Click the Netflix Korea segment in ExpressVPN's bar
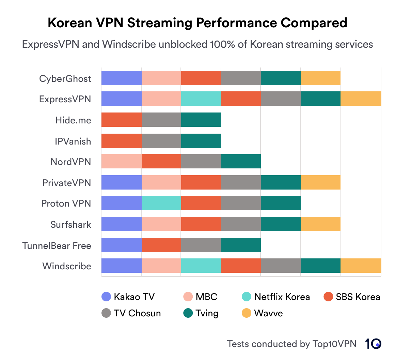click(x=201, y=99)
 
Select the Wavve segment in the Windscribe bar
click(x=361, y=266)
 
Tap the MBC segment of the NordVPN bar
click(x=121, y=161)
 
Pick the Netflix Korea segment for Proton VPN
click(x=161, y=203)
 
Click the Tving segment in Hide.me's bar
click(x=201, y=120)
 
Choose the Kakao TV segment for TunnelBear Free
click(x=121, y=245)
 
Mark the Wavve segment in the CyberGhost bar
click(x=320, y=78)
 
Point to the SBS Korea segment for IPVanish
click(x=121, y=141)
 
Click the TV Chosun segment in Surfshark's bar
click(x=241, y=224)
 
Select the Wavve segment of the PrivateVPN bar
click(x=320, y=182)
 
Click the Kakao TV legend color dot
click(x=107, y=297)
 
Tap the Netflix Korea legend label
click(x=282, y=297)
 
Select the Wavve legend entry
click(x=262, y=313)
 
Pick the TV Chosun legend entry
click(x=131, y=313)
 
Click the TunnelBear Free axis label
click(x=57, y=245)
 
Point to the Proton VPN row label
click(x=66, y=204)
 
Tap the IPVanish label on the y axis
click(x=73, y=141)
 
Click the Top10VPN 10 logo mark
click(x=373, y=344)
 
